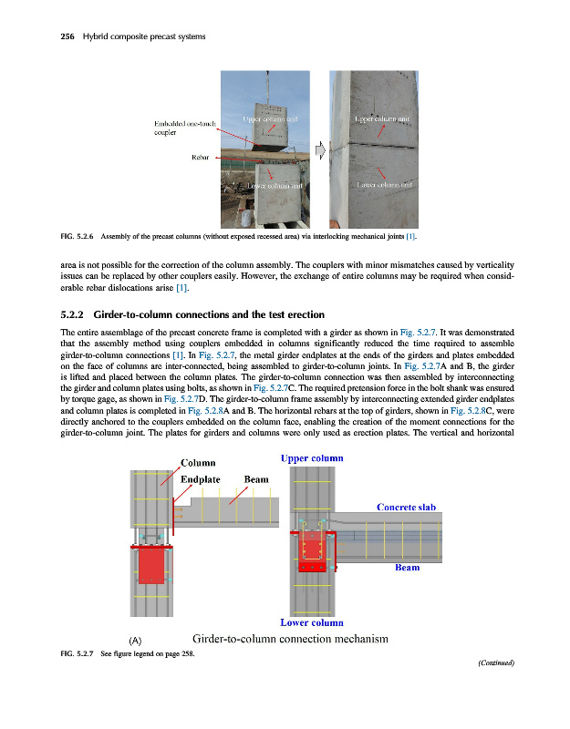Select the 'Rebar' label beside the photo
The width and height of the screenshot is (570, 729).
click(201, 157)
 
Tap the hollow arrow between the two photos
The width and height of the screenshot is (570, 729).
click(321, 148)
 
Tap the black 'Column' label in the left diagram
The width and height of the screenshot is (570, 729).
click(203, 461)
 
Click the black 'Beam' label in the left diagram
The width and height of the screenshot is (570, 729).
click(256, 479)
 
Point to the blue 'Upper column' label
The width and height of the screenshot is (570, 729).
click(313, 457)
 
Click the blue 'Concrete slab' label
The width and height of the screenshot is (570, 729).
click(409, 507)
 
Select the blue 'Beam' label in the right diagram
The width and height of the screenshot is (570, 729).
click(407, 567)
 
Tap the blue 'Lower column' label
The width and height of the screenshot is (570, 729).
click(312, 623)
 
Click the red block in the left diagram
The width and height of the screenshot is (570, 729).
click(150, 566)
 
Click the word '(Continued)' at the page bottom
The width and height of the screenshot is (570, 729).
click(496, 663)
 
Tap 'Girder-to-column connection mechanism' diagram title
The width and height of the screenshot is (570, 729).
click(291, 639)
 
